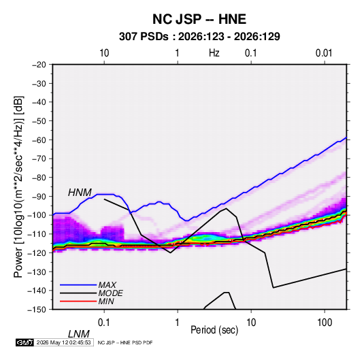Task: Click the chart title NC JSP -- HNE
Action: [199, 19]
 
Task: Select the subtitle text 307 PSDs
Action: [144, 37]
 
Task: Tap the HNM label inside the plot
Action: [80, 193]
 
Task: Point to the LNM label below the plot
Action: [79, 334]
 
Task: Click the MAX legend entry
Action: [107, 284]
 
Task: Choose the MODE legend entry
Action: [110, 293]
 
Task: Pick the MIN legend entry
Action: [106, 301]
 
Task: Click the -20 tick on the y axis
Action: [39, 65]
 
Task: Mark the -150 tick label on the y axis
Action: [37, 310]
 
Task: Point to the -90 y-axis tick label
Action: [39, 197]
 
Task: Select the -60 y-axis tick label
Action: [39, 140]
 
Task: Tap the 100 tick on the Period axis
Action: [325, 323]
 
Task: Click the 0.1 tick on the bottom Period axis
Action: [104, 323]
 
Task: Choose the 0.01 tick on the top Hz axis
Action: [324, 53]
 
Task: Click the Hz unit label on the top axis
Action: [214, 53]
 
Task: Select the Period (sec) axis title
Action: [214, 330]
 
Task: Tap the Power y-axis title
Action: [18, 186]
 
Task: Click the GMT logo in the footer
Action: [24, 342]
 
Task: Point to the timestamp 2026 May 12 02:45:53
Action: [63, 342]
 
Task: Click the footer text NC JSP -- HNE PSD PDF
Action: [125, 342]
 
